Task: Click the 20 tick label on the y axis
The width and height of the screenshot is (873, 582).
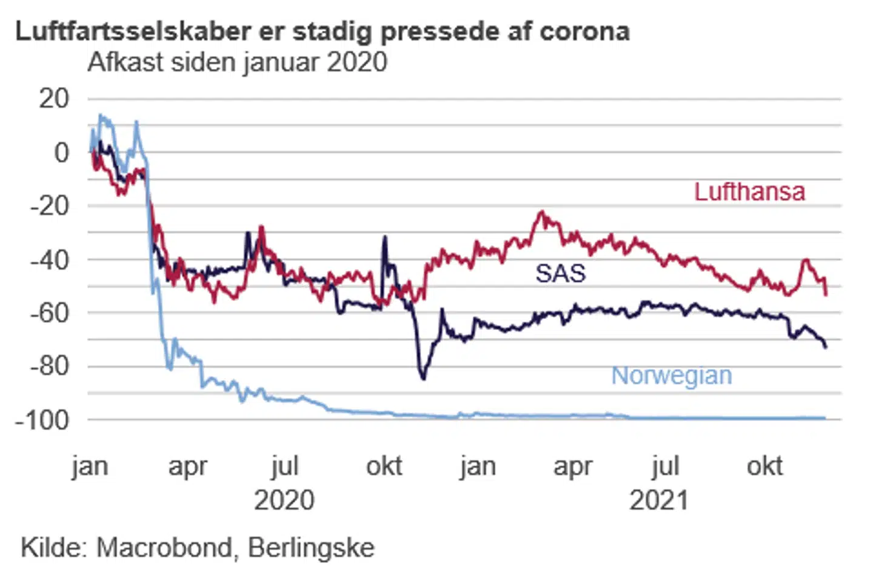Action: pyautogui.click(x=54, y=99)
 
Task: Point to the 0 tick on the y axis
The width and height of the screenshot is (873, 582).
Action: pyautogui.click(x=61, y=153)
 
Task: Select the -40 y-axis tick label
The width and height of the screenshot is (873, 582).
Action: pyautogui.click(x=50, y=259)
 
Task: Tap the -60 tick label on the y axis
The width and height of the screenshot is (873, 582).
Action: pyautogui.click(x=50, y=313)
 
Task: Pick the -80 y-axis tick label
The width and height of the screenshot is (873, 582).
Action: pyautogui.click(x=50, y=366)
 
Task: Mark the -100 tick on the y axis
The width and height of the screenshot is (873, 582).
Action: pyautogui.click(x=42, y=420)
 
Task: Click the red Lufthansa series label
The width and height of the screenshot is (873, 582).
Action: pyautogui.click(x=749, y=192)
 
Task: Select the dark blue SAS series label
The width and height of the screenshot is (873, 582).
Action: pyautogui.click(x=560, y=273)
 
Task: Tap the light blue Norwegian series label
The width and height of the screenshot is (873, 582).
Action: pyautogui.click(x=671, y=376)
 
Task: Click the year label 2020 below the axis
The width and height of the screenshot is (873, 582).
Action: pyautogui.click(x=284, y=501)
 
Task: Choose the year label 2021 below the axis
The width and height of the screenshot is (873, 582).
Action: pyautogui.click(x=659, y=501)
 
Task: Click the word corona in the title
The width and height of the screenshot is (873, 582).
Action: pyautogui.click(x=584, y=31)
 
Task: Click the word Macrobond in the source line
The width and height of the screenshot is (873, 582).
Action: pyautogui.click(x=164, y=548)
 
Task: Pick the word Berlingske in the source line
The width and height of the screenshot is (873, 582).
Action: pyautogui.click(x=311, y=548)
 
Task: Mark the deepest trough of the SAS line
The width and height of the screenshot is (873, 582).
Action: pyautogui.click(x=423, y=379)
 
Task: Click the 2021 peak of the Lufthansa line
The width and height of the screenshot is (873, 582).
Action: pyautogui.click(x=541, y=212)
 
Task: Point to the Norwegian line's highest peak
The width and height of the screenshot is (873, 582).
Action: pyautogui.click(x=100, y=115)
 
